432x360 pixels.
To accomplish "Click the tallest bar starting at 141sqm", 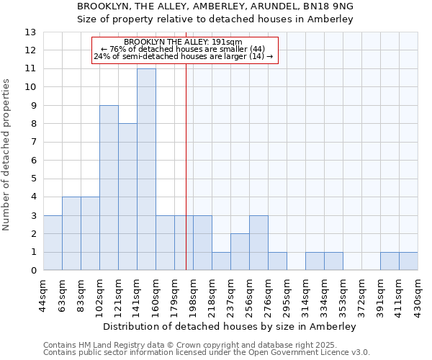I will point(146,169).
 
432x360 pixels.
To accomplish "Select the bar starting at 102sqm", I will point(109,188).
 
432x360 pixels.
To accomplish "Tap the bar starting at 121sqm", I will point(127,197).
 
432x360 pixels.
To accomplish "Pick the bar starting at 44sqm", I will point(53,243).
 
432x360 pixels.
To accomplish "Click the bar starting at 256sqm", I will point(258,243).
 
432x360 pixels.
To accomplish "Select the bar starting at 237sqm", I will point(240,252).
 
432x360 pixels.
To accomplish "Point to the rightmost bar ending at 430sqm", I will point(408,261).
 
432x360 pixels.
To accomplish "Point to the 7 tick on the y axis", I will point(33,143).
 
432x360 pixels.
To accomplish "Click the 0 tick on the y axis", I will point(33,271).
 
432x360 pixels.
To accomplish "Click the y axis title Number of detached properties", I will point(7,155).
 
